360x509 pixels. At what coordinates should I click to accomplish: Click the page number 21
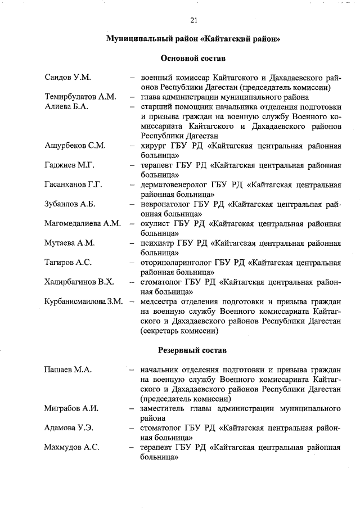coord(193,21)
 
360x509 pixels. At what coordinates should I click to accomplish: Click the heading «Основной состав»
coord(193,58)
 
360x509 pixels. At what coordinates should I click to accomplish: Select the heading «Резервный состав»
coord(193,350)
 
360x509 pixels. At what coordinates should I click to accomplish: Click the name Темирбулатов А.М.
coord(80,97)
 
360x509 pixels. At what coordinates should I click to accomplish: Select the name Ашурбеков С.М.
coord(75,145)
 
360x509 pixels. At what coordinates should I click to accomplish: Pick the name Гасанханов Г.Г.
coord(73,184)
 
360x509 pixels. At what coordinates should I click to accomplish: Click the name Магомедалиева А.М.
coord(83,223)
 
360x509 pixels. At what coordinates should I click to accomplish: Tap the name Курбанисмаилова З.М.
coord(84,301)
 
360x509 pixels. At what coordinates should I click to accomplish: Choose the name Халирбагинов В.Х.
coord(79,282)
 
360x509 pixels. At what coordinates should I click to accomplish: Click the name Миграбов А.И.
coord(71,408)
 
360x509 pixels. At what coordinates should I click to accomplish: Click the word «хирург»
coord(154,145)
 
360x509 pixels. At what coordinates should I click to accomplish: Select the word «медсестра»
coord(160,301)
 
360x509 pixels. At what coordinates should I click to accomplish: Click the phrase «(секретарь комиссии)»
coord(179,331)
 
